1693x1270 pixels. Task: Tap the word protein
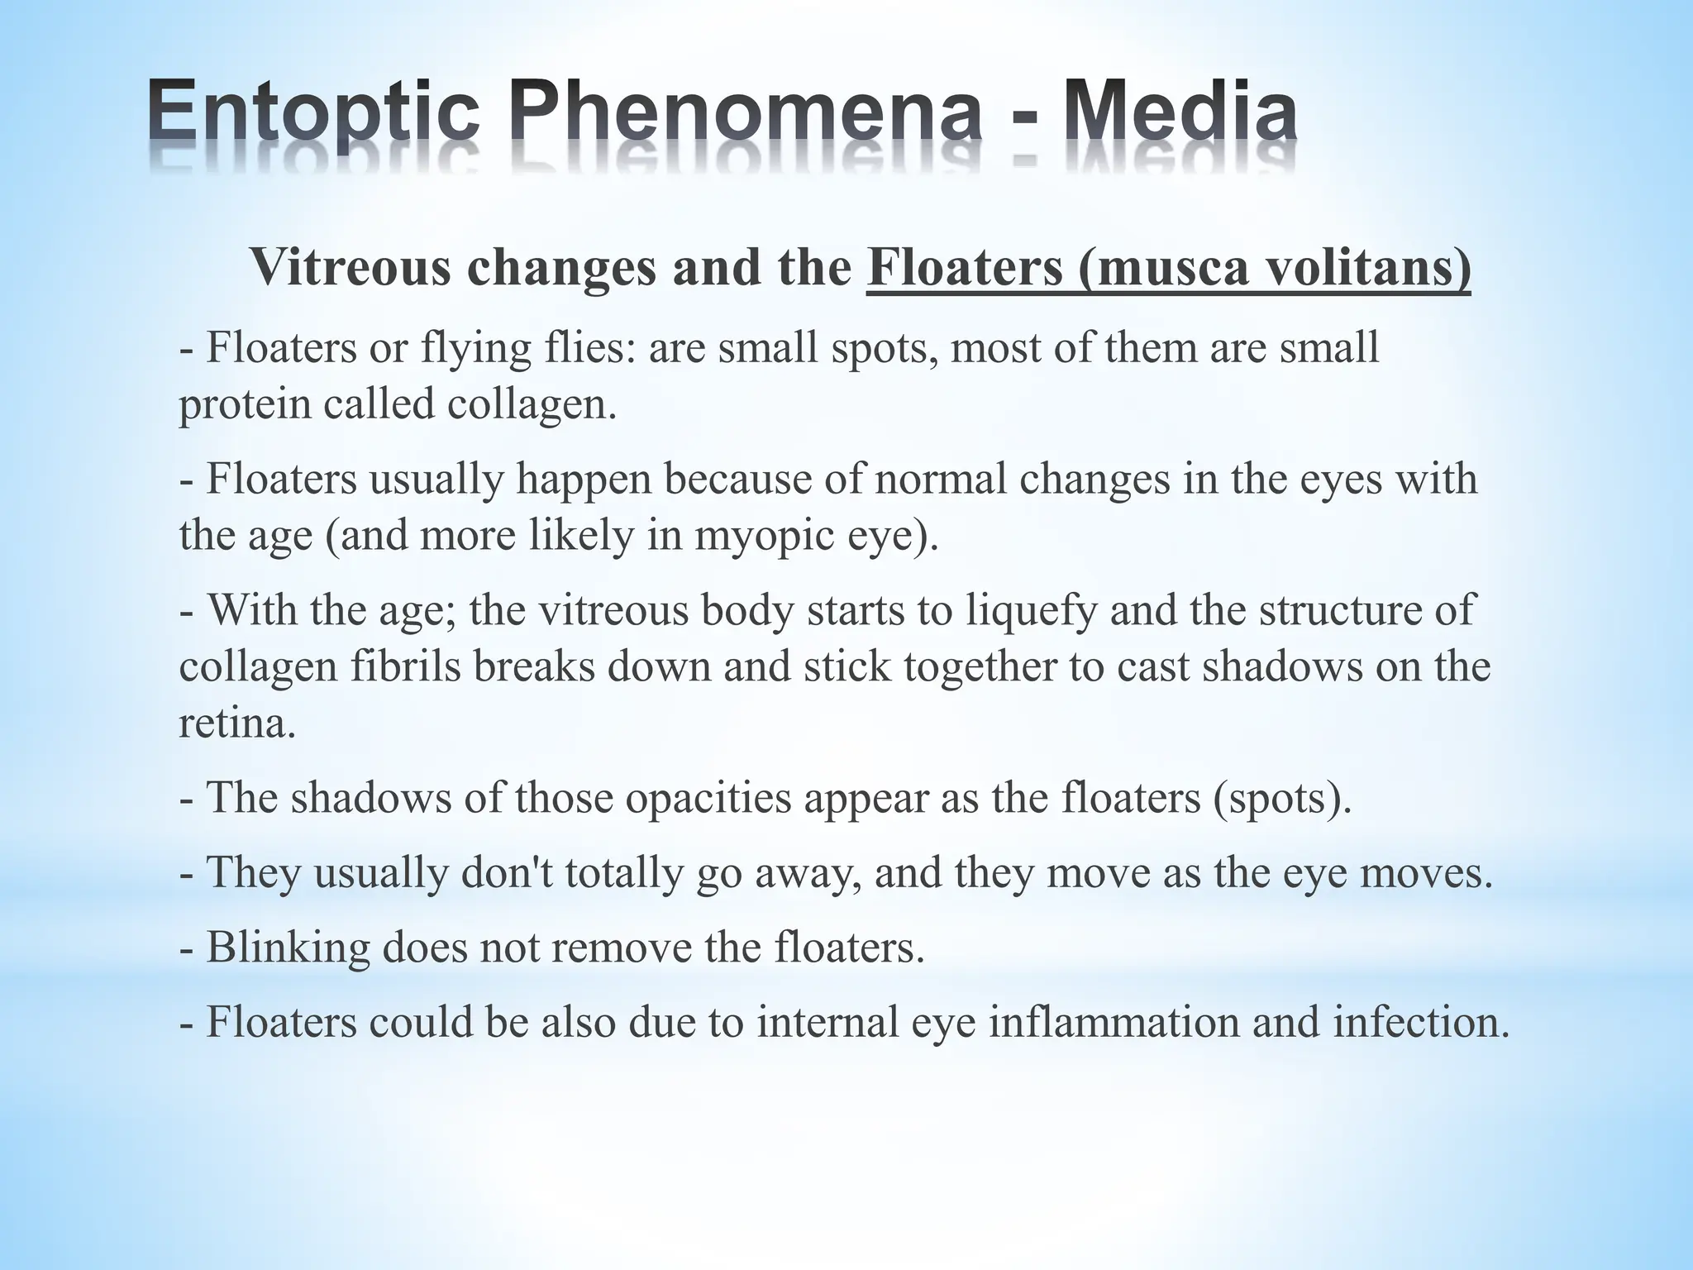pos(244,405)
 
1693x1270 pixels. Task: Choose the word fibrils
pos(405,666)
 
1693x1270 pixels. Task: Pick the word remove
pos(619,948)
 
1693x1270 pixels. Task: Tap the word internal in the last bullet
pos(827,1022)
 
